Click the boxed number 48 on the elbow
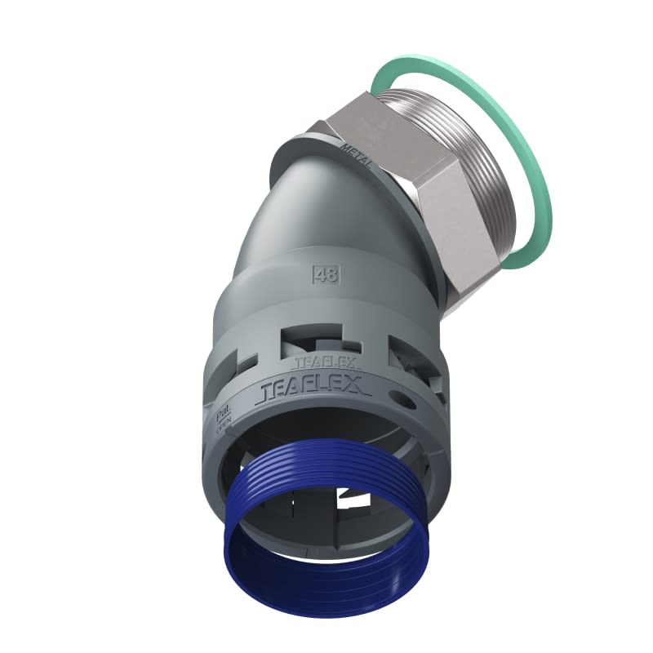pos(325,274)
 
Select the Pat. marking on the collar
pos(221,415)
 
